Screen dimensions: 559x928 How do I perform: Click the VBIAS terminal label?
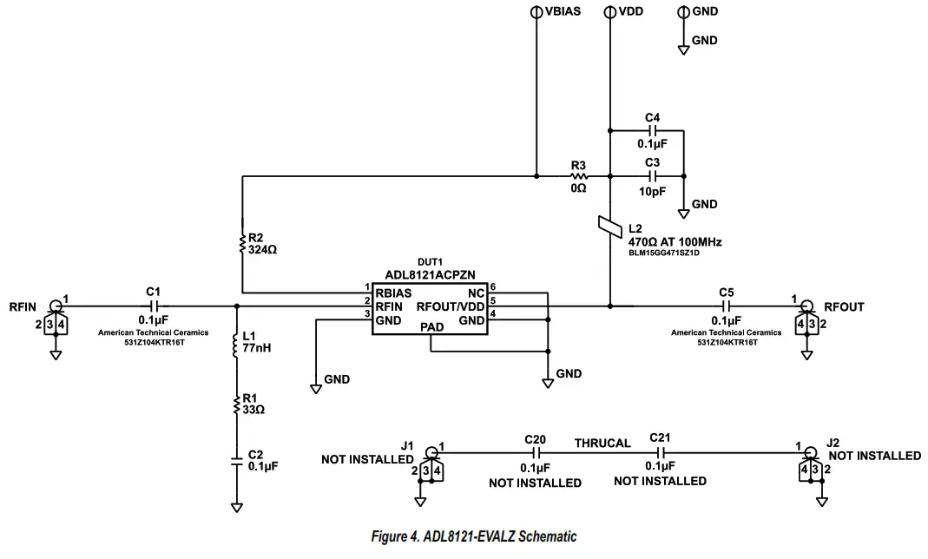tap(562, 12)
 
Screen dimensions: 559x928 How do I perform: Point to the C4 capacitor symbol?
tap(652, 132)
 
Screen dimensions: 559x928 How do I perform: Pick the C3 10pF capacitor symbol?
tap(652, 176)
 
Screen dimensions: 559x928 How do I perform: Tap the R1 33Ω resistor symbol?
tap(236, 403)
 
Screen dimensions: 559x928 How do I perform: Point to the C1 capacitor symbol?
tap(154, 306)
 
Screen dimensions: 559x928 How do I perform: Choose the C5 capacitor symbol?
tap(727, 306)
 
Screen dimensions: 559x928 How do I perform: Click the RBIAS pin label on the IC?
tap(393, 292)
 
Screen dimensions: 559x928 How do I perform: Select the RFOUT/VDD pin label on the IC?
tap(450, 306)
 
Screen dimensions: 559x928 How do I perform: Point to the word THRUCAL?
tap(602, 443)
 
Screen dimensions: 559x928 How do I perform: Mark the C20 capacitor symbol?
tap(536, 453)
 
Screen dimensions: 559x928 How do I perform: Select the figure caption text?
tap(473, 536)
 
